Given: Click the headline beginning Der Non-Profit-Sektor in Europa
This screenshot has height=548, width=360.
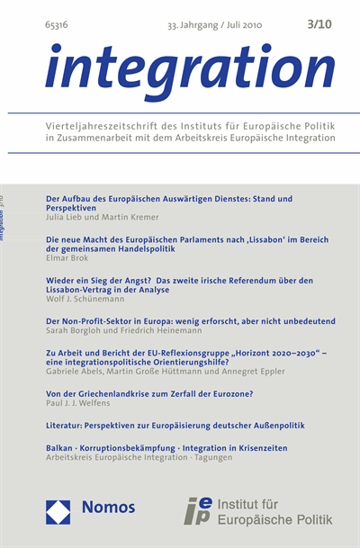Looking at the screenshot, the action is pyautogui.click(x=184, y=320).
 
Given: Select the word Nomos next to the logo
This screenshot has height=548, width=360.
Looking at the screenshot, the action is pyautogui.click(x=108, y=508).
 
